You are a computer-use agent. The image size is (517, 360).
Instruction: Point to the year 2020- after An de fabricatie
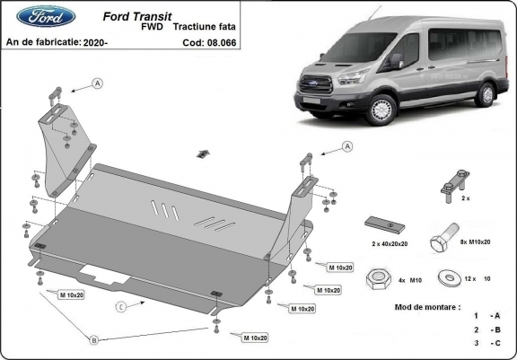tap(97, 42)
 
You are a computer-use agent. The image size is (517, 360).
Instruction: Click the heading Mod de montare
tap(427, 307)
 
